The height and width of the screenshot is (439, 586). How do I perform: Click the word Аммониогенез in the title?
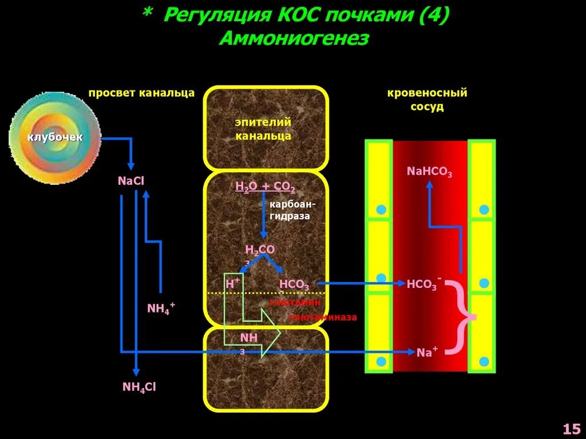click(294, 39)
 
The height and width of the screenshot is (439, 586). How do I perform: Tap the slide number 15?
click(572, 429)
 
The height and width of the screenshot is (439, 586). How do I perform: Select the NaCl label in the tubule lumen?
click(131, 181)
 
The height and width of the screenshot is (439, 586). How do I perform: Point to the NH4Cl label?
click(139, 387)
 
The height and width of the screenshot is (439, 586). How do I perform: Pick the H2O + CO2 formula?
click(265, 187)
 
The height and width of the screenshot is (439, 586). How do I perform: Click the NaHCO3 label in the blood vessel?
click(429, 171)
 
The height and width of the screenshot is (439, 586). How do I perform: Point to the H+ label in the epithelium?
click(232, 283)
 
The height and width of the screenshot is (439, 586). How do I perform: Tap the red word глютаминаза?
click(323, 317)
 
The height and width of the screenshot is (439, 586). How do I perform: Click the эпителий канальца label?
click(263, 129)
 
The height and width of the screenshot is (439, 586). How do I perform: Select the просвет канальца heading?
click(141, 93)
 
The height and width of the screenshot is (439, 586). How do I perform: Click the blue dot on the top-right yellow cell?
click(484, 209)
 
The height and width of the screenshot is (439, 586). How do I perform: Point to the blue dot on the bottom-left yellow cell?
click(381, 361)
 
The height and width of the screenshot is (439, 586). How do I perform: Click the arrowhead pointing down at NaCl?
click(131, 165)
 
